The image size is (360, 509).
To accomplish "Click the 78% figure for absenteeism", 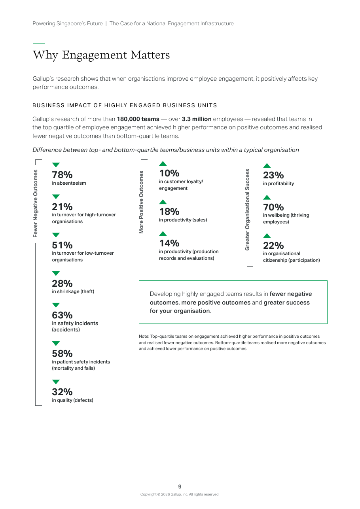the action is pos(62,175).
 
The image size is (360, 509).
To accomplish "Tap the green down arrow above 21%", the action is pos(56,197).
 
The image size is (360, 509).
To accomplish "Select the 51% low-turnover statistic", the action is pos(62,245).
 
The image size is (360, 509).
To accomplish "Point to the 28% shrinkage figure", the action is pos(62,283).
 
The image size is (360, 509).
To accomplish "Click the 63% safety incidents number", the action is pos(62,315).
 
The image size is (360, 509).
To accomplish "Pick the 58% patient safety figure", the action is pos(62,353).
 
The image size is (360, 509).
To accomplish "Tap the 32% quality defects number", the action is pos(62,392).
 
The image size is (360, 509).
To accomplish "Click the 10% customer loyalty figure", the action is pos(169,173).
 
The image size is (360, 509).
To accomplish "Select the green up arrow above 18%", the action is pos(163,202).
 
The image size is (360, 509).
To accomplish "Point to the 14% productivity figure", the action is pos(169,243).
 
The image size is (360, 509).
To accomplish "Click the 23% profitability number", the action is pos(273,175).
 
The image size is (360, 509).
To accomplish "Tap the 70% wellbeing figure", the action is pos(273,207).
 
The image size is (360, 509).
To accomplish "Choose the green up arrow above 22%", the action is pos(267,236).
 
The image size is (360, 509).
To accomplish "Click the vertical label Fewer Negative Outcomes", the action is pos(36,204).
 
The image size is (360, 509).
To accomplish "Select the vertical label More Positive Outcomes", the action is pos(141,202).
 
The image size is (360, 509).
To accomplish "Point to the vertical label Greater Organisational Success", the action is pos(247,210).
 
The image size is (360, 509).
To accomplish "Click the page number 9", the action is pos(180,486).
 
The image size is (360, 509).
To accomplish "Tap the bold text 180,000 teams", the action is pos(138,119).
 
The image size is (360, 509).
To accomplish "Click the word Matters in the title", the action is pos(150,55).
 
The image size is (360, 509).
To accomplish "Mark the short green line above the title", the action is pos(39,43).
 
